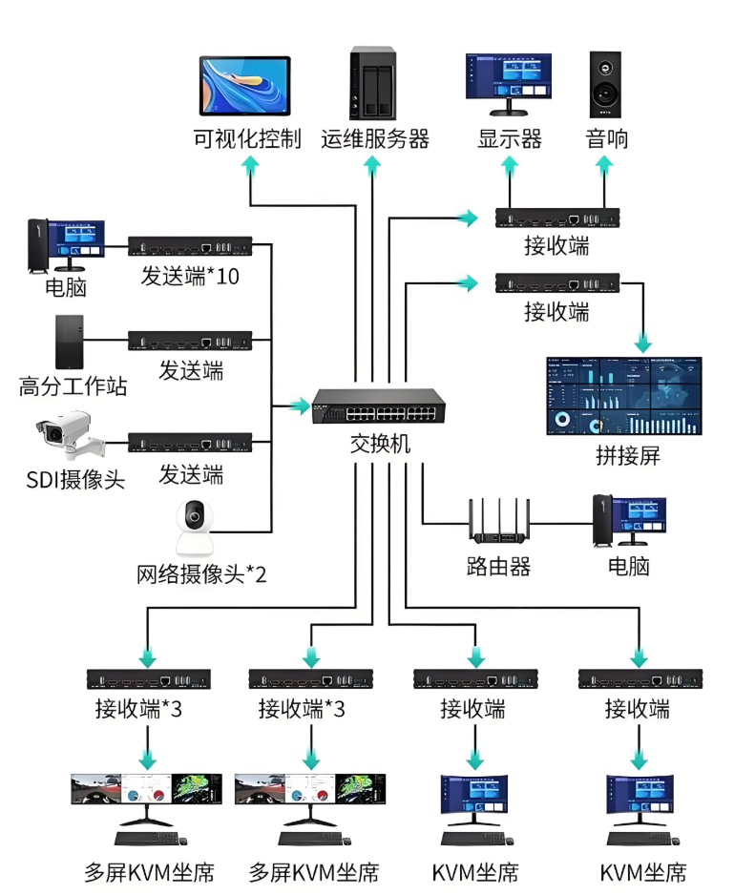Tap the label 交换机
380,446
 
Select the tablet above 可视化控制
245,87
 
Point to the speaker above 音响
606,84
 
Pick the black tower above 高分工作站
69,342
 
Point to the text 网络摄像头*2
201,574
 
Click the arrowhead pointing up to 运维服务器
372,166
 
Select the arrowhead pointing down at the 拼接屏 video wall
642,341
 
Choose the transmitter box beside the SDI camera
190,442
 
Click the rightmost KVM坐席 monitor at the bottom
640,803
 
